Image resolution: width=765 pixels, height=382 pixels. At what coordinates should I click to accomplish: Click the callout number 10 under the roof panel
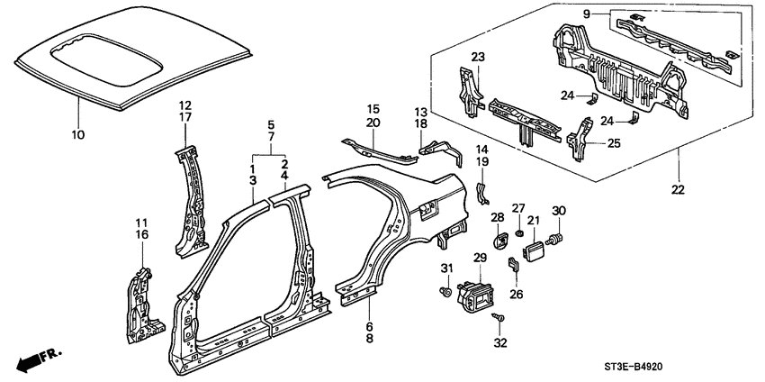[77, 135]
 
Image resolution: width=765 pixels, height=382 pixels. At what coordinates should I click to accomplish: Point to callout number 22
[678, 189]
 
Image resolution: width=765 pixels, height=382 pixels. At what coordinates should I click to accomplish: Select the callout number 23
[478, 57]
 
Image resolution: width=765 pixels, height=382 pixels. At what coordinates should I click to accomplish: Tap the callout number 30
[558, 211]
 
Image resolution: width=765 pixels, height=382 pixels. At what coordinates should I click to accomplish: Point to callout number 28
[498, 216]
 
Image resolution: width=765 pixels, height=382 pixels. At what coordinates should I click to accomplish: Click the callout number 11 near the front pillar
[141, 223]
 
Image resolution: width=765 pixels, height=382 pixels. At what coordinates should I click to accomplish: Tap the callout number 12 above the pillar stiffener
[184, 104]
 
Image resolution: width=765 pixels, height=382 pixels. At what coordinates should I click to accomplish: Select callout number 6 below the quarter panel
[368, 325]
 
